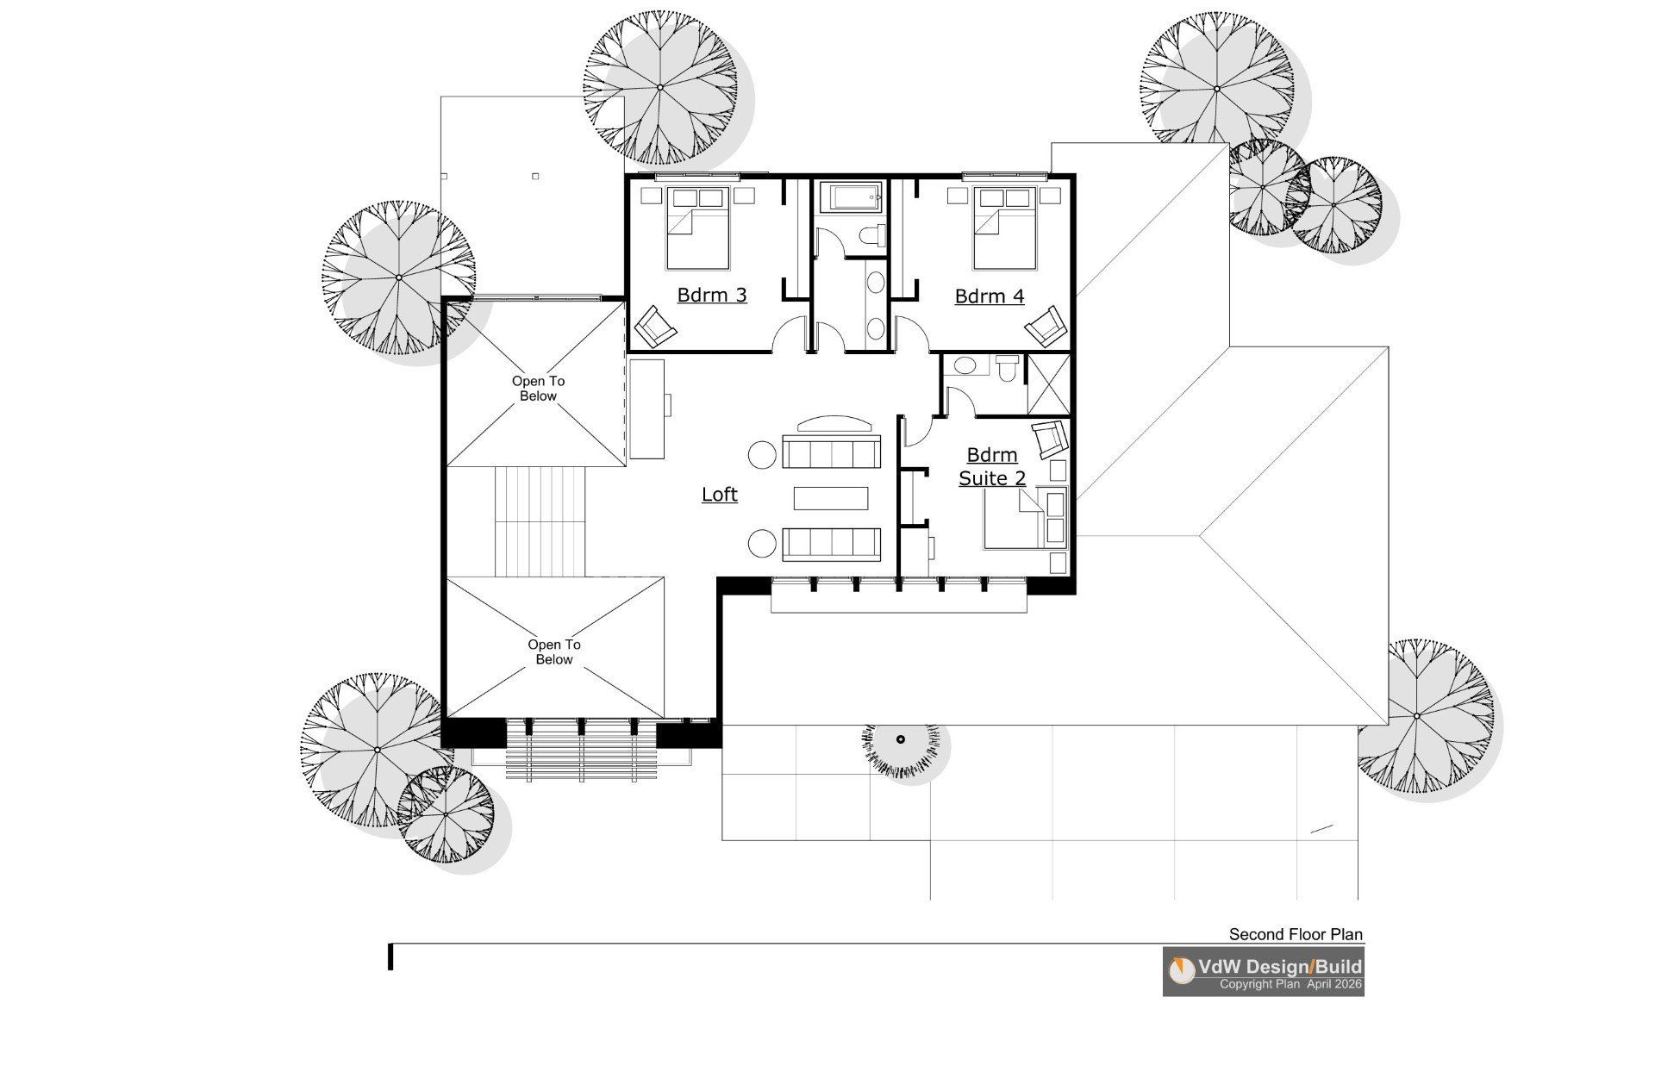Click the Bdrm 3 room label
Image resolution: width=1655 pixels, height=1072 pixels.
712,296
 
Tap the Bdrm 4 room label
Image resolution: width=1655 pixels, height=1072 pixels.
990,297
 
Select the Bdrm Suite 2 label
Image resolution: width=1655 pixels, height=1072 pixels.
992,466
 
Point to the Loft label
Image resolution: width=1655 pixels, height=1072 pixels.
720,495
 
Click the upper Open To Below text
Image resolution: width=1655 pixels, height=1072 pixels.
539,389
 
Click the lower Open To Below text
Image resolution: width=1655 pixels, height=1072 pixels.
554,652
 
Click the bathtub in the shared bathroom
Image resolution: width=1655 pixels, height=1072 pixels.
851,198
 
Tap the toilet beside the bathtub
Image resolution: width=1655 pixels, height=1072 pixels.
872,235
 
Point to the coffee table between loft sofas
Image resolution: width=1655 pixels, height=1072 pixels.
831,499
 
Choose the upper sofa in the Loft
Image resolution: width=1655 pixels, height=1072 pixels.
831,452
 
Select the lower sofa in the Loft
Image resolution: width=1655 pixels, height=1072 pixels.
831,544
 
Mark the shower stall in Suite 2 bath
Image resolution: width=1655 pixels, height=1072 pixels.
1049,383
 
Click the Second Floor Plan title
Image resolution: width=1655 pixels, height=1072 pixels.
1296,934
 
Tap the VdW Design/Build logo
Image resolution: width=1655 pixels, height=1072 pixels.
1263,972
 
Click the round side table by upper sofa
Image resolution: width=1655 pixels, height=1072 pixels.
762,454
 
